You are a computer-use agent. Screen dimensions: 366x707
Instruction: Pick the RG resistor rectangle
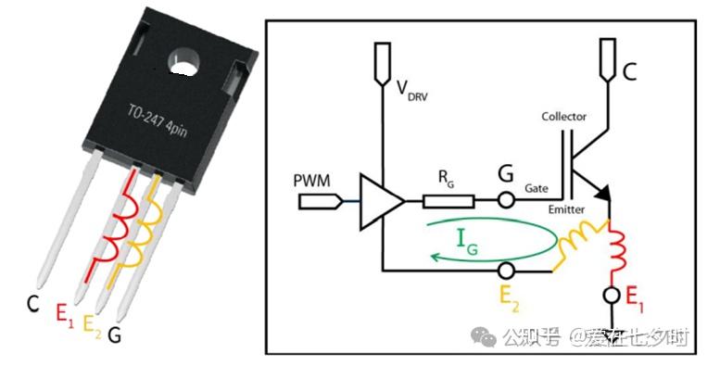pyautogui.click(x=448, y=200)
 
